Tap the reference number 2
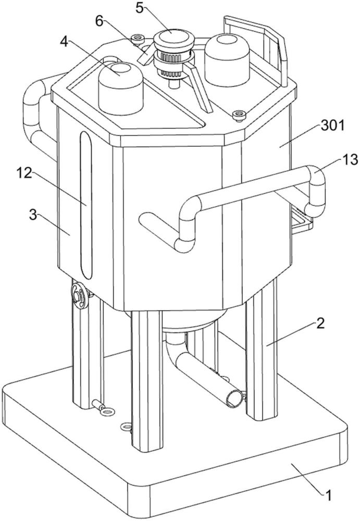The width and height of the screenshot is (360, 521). tap(319, 323)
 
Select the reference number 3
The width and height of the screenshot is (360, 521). tap(33, 215)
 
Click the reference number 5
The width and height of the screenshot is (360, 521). tap(140, 7)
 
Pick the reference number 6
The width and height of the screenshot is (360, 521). tap(100, 21)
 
